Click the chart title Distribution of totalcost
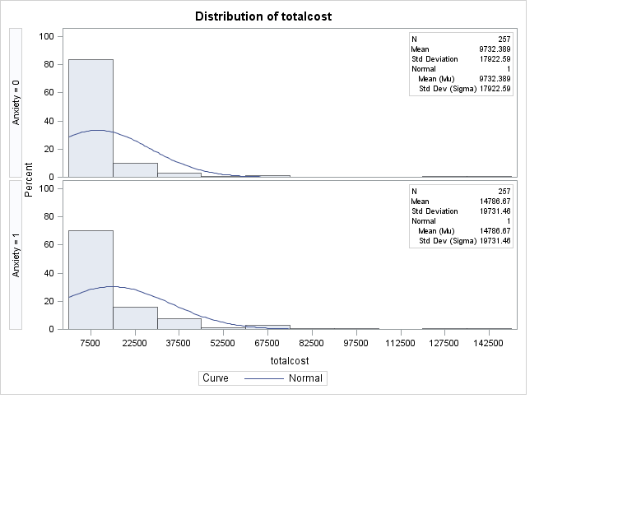[263, 16]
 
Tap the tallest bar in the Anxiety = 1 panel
[91, 280]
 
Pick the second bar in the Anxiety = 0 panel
[135, 169]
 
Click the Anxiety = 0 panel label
[16, 102]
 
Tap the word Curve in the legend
[216, 378]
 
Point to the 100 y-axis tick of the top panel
[47, 36]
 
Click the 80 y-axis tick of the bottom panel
[49, 216]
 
